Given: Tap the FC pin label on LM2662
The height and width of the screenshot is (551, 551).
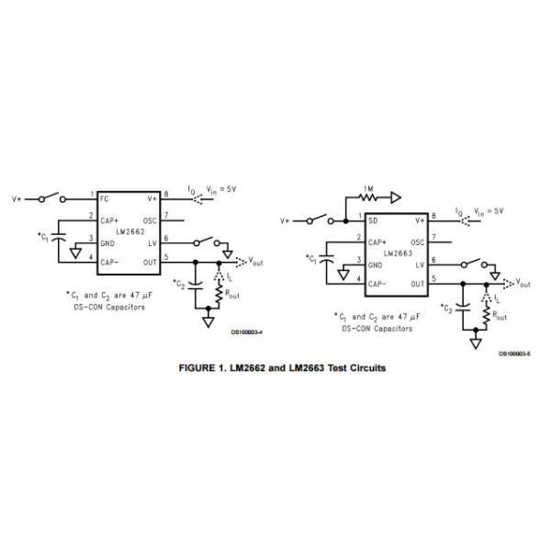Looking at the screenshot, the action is [x=105, y=197].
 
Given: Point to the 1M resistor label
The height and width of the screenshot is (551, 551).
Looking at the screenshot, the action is [x=367, y=189].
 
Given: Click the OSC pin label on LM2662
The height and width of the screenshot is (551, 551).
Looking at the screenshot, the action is [x=151, y=219].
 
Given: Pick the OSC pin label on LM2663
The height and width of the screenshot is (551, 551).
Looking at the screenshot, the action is [x=417, y=242].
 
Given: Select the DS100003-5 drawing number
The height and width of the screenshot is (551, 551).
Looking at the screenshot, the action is [x=516, y=354].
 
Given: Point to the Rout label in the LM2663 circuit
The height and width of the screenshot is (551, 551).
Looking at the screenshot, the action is [x=502, y=316].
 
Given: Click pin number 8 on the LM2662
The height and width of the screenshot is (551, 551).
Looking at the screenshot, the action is [x=165, y=195].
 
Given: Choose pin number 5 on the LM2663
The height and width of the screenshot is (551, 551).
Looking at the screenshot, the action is [x=433, y=278].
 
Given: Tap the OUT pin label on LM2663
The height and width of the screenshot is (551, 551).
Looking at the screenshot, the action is [x=417, y=285].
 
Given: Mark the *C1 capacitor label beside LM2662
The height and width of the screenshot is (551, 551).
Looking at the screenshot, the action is [x=43, y=237].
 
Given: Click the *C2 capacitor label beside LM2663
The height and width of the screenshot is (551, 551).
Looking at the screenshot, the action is [x=446, y=308].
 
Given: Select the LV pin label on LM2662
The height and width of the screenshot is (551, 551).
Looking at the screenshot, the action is [x=153, y=242].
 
